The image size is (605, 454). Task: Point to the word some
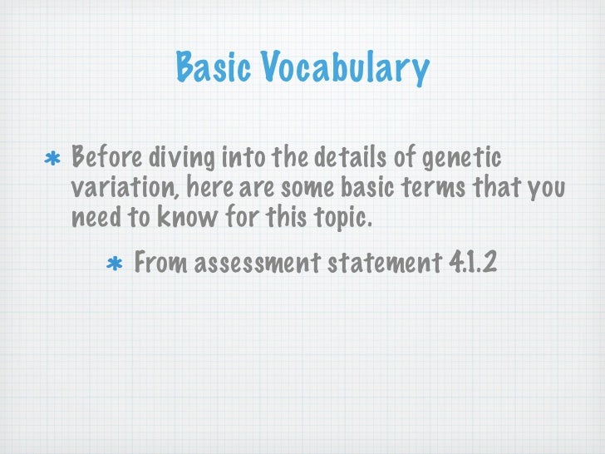[x=309, y=188]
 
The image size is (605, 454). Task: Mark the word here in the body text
[x=211, y=188]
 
